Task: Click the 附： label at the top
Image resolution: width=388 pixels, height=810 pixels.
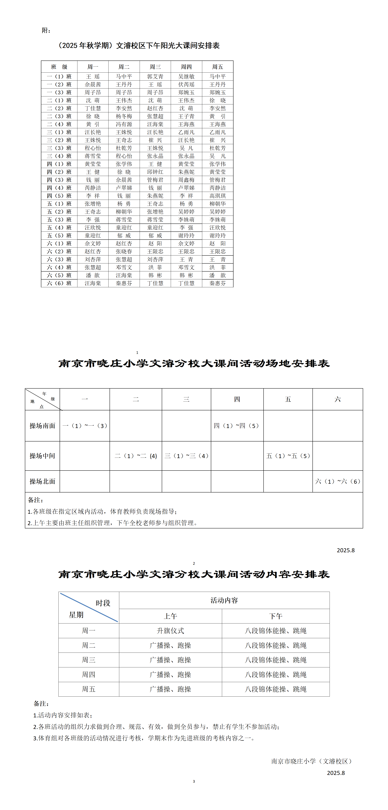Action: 46,30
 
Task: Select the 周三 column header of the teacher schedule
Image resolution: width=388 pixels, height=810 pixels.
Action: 155,67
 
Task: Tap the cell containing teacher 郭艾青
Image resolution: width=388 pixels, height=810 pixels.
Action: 155,76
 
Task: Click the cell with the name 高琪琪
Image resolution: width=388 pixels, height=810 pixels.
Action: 218,195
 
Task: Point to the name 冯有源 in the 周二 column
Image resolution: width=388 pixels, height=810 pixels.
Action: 124,124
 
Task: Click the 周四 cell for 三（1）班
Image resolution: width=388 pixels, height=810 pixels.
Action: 186,132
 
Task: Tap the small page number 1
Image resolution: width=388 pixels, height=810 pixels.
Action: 137,352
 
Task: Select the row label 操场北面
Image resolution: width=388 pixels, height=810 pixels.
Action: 43,481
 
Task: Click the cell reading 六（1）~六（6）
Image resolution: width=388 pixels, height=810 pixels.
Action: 338,481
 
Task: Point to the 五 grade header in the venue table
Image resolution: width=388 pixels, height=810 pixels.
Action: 288,399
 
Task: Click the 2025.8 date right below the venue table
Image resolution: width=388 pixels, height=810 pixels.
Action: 345,550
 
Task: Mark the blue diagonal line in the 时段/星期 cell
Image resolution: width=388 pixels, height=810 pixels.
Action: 89,607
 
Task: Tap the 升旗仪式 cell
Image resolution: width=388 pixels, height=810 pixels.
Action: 170,630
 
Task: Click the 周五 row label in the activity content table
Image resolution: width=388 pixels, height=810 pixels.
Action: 89,689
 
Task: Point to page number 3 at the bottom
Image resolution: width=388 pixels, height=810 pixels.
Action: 194,781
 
